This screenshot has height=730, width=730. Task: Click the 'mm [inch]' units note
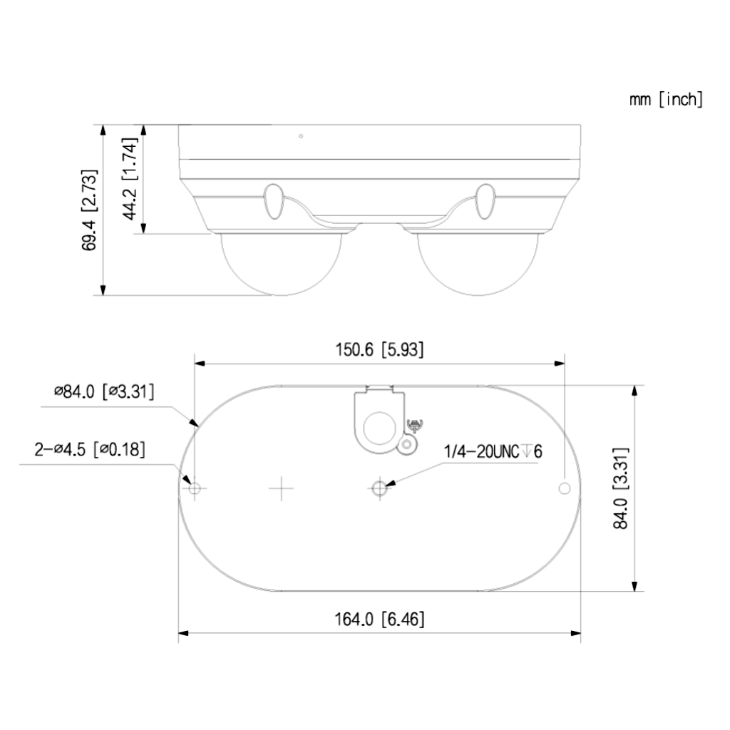point(666,100)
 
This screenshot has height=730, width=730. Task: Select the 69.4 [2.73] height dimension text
point(89,210)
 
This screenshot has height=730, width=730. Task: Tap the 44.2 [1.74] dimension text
point(130,178)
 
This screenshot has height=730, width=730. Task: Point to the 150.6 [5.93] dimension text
point(379,349)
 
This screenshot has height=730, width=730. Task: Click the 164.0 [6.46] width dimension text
point(379,620)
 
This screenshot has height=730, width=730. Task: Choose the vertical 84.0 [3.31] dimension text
point(621,488)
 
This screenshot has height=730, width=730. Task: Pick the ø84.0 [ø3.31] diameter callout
point(104,391)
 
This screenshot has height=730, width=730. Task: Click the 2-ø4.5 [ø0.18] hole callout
point(90,450)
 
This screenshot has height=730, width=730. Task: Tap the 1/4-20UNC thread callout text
point(493,451)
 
